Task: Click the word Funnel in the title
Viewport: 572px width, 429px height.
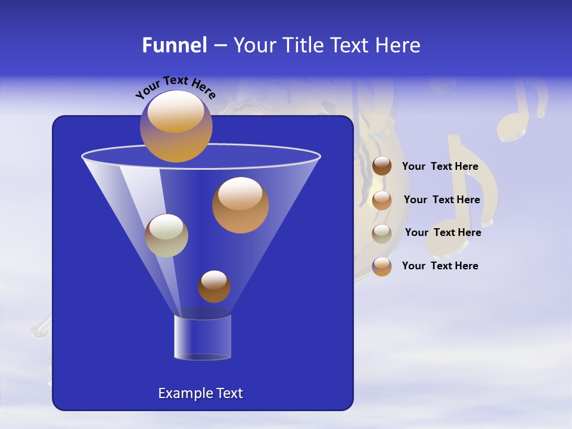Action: [x=174, y=45]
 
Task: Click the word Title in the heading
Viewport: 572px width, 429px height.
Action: [x=302, y=45]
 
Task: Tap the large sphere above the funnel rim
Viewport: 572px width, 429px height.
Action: [x=176, y=126]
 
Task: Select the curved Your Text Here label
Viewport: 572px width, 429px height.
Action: [x=175, y=86]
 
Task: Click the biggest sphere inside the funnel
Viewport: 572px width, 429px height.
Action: [x=240, y=205]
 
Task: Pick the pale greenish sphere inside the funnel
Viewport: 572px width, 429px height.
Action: [x=166, y=235]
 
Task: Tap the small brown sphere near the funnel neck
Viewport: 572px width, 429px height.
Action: [x=214, y=287]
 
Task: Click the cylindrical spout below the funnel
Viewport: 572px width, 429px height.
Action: [x=203, y=337]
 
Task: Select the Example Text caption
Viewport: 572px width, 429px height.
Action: [x=200, y=393]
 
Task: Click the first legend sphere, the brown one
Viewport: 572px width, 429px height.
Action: [x=382, y=166]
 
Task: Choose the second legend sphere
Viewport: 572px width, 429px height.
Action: [x=382, y=200]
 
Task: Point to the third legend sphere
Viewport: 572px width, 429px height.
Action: [x=382, y=233]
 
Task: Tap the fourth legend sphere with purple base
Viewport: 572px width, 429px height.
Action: [x=382, y=266]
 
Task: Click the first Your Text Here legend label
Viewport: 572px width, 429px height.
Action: [x=440, y=167]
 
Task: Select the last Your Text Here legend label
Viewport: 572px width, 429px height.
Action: [x=440, y=266]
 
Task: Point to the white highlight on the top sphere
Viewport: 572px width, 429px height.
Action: [x=175, y=111]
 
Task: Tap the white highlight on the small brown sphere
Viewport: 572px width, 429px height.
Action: [x=214, y=279]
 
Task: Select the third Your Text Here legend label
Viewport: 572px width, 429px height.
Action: [x=443, y=232]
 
